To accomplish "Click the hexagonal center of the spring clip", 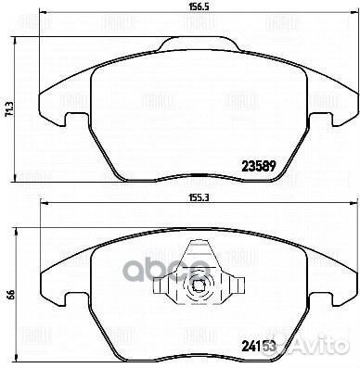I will [x=195, y=284].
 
